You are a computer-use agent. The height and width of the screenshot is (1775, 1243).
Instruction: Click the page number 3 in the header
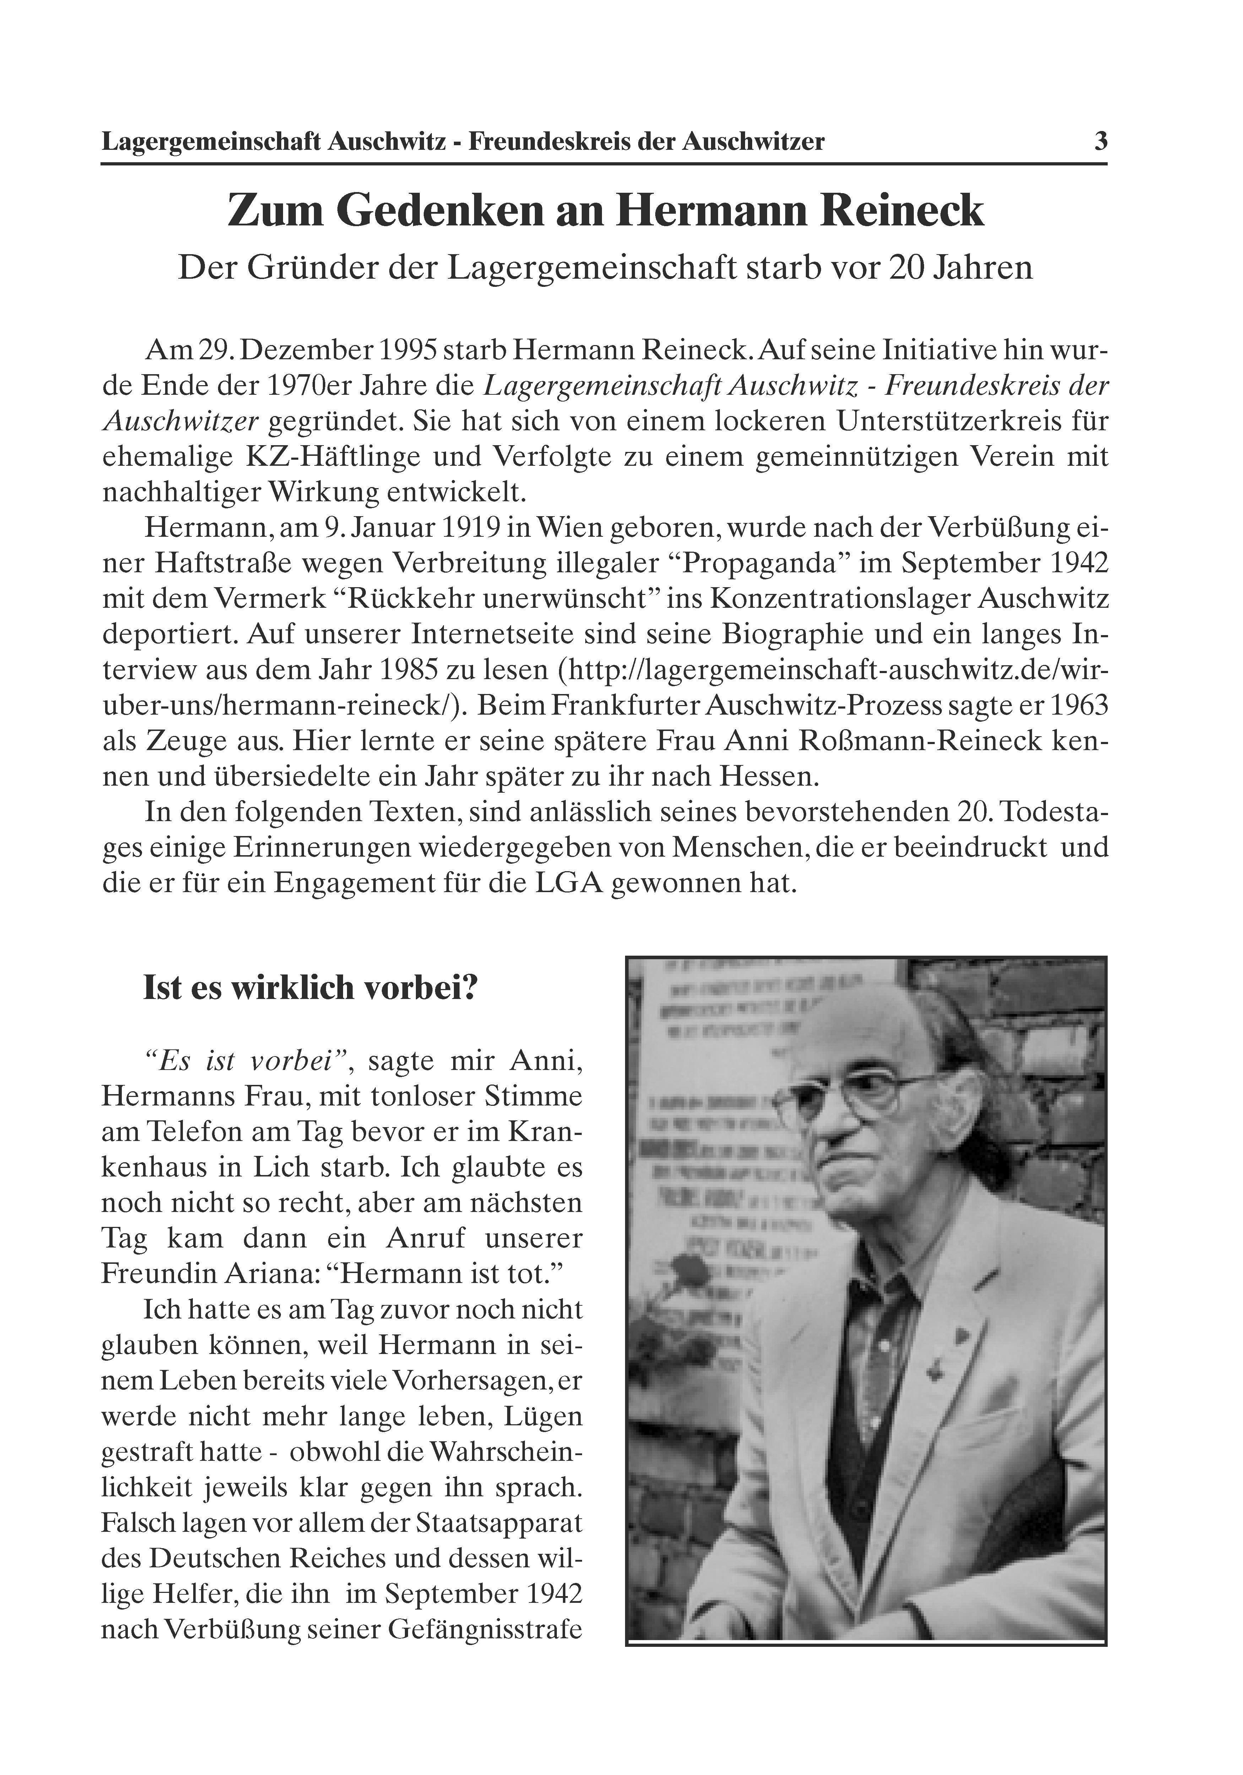(x=1100, y=142)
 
